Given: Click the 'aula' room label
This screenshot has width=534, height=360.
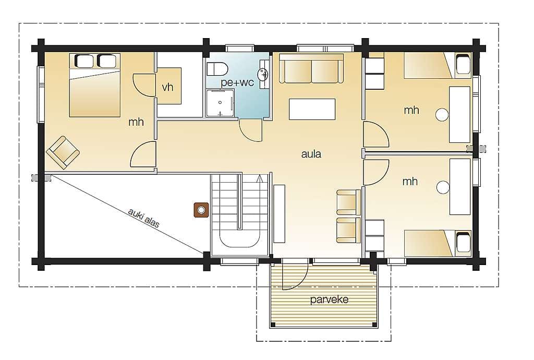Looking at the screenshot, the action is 311,154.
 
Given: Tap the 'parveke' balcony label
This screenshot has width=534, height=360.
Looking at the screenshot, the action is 330,299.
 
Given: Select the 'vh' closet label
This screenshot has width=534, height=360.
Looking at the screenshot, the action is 167,87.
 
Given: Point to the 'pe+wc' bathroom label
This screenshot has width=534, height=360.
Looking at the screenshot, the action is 237,82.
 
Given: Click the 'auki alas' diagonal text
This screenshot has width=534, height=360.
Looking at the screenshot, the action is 144,218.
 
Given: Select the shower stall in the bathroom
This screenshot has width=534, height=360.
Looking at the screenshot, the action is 220,103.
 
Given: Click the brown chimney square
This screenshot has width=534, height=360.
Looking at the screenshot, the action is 201,210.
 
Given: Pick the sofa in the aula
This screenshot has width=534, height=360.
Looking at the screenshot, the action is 311,68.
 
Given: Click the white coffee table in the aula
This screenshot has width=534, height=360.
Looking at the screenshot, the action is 312,109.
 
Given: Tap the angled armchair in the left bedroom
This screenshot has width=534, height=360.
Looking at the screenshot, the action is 63,152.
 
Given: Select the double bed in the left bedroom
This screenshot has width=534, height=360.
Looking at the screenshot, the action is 95,85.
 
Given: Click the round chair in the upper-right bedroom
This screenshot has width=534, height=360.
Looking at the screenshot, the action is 442,115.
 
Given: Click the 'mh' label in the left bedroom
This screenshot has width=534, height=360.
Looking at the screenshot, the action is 136,122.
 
